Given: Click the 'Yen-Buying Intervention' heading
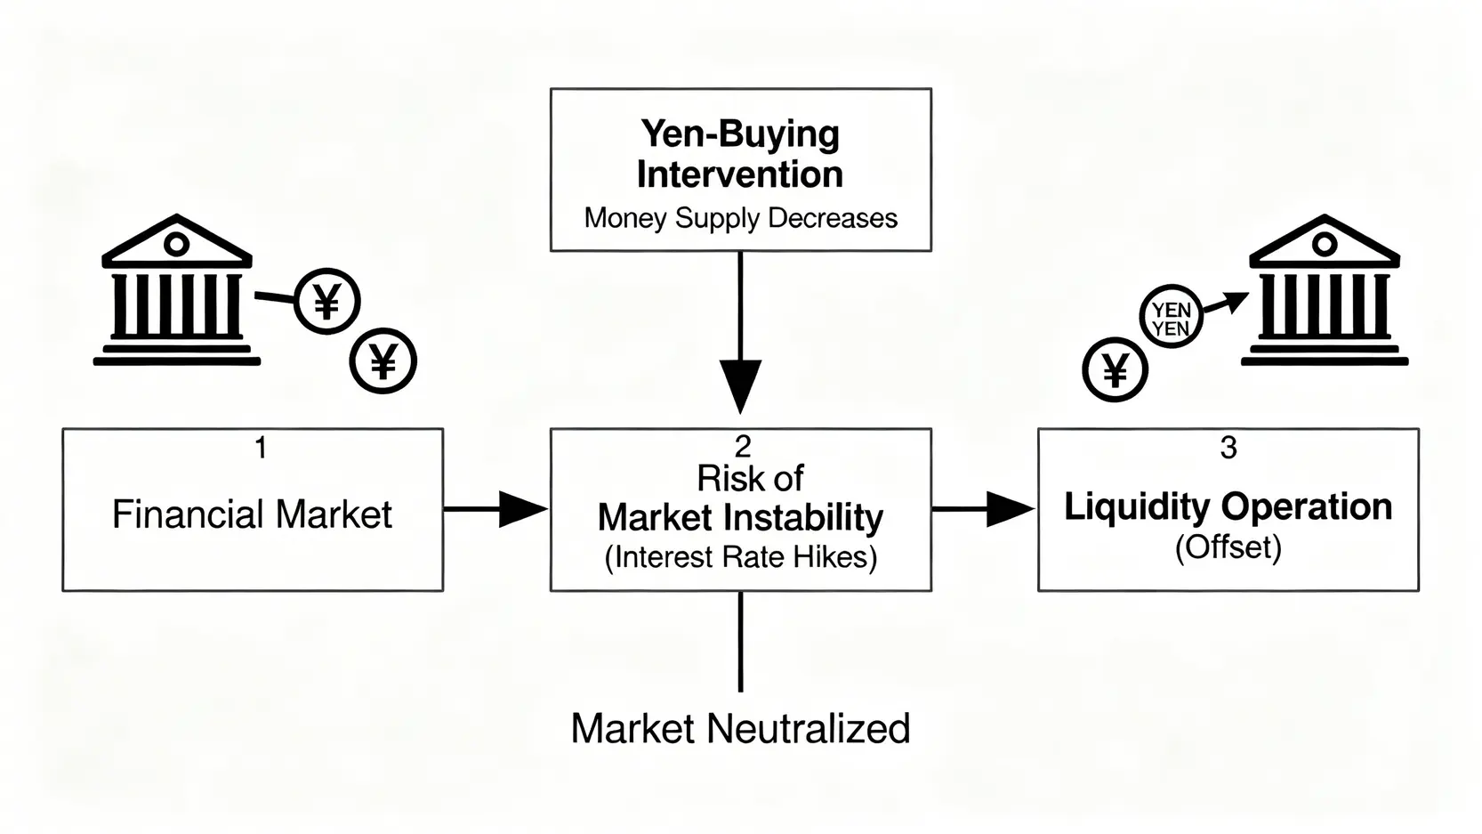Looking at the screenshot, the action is [740, 154].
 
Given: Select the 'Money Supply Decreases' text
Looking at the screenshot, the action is [740, 218].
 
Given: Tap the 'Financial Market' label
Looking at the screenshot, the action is [252, 514].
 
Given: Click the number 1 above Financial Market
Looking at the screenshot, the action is [261, 448].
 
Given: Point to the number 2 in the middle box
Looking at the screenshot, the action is [743, 448].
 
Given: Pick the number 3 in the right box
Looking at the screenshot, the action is [1228, 448].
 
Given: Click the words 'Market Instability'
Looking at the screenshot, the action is [740, 518].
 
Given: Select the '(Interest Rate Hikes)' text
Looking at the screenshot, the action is [740, 556].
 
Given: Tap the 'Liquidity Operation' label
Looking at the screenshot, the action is [1228, 507].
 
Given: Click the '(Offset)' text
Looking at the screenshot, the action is [1228, 547].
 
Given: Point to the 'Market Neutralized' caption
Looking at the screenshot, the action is [740, 728].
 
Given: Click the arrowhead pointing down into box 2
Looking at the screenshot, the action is [740, 386].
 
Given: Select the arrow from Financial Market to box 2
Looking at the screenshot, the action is [495, 509].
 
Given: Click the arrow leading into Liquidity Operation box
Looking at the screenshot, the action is [984, 509].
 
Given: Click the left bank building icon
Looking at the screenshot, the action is [176, 289].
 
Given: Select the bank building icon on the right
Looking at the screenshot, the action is [1324, 289].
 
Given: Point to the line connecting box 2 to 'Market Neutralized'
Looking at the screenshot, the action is [740, 642].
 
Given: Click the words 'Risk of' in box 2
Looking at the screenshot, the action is [750, 478].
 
